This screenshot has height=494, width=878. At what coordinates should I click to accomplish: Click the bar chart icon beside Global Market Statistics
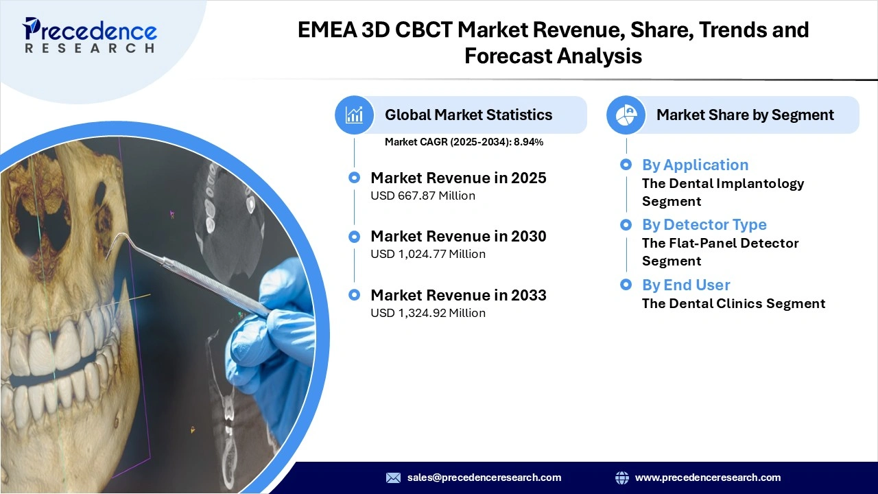point(355,115)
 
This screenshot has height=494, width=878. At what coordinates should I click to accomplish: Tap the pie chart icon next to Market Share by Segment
point(626,115)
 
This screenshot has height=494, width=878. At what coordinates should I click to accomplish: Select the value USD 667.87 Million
point(423,196)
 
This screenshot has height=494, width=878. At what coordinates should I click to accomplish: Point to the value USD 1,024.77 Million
point(428,254)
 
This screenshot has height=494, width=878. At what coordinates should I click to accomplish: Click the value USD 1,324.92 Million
point(428,313)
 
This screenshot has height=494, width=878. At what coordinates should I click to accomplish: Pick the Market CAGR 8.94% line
point(464,142)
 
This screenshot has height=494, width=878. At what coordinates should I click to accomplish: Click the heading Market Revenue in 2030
point(458,236)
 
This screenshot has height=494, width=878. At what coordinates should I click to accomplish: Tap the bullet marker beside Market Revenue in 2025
point(354,178)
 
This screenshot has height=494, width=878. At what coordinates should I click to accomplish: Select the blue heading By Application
point(695,165)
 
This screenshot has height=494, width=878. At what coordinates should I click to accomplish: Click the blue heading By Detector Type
point(704,224)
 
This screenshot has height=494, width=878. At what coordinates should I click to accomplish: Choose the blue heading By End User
point(685,285)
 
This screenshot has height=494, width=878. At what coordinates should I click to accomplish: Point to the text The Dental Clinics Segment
point(733,303)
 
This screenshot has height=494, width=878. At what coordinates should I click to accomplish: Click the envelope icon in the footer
point(393,478)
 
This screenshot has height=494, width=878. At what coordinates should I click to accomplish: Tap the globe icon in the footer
point(622,478)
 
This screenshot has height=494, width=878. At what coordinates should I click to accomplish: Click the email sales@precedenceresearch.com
point(484,478)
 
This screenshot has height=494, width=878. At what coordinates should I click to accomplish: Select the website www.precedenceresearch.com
point(707,478)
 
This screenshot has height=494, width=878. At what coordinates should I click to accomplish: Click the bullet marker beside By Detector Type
point(626,224)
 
